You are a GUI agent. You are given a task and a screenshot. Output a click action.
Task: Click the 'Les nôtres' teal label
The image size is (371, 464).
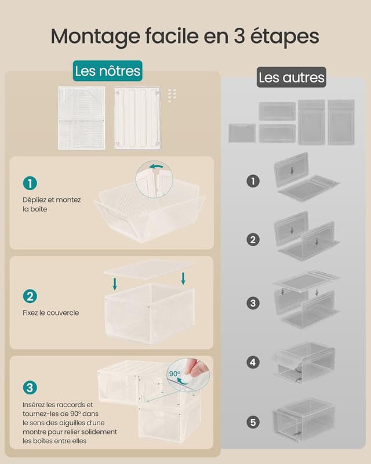click(108, 71)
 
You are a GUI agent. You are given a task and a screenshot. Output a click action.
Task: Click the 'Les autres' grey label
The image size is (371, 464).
click(292, 77)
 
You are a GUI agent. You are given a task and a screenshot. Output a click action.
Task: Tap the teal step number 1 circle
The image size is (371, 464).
click(30, 183)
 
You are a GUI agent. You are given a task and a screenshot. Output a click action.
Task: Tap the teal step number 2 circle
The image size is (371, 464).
click(30, 296)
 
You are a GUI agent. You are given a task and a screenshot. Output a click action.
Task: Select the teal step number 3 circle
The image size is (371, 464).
click(30, 387)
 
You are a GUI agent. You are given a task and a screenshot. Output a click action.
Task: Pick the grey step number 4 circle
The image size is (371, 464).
click(253, 362)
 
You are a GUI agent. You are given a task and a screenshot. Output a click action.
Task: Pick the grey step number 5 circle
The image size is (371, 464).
click(253, 422)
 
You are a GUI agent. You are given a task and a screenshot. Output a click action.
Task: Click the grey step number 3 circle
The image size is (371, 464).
click(253, 303)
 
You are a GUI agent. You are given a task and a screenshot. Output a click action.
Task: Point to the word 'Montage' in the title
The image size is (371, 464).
click(95, 37)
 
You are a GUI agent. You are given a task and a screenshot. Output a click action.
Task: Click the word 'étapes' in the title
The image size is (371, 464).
click(285, 37)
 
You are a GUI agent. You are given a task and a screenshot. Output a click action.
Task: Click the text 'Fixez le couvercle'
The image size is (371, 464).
click(51, 313)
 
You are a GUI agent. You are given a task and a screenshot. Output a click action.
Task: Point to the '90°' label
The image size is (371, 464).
click(174, 374)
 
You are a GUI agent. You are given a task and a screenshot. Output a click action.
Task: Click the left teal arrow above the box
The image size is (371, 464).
click(115, 284)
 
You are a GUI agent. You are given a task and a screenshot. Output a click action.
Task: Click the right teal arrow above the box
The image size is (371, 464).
click(183, 278)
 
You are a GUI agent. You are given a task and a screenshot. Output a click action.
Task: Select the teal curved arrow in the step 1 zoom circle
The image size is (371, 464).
click(156, 166)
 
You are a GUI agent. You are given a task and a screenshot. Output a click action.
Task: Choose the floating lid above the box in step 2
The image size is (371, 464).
click(149, 269)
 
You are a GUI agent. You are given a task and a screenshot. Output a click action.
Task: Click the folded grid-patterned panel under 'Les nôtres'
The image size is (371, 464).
click(82, 118)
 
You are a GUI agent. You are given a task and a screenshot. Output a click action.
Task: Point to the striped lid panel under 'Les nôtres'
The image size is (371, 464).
click(137, 118)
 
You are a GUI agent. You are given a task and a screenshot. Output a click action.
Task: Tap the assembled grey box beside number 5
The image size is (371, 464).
click(304, 420)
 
